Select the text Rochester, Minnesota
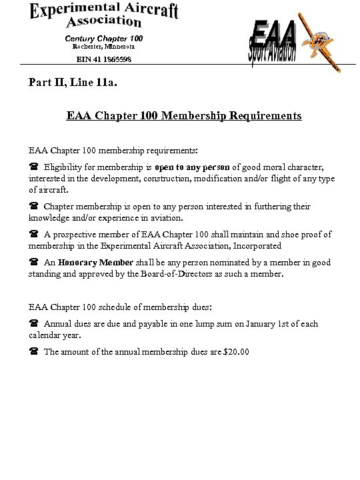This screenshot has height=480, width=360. coord(103,47)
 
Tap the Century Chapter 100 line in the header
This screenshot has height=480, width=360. coord(103,38)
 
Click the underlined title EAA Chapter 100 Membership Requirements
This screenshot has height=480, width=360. coord(183,116)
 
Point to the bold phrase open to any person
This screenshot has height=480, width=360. coord(193,167)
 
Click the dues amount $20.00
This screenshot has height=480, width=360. coord(237,352)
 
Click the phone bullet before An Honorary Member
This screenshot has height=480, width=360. coord(33,263)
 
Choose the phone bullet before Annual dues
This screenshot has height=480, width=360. coord(33,324)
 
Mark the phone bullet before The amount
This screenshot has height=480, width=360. coord(33,352)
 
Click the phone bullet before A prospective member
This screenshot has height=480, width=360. coord(33,235)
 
